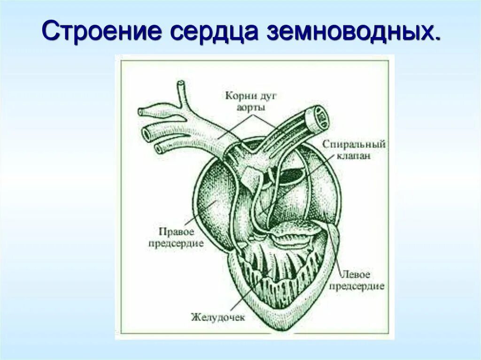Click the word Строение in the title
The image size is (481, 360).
pyautogui.click(x=103, y=31)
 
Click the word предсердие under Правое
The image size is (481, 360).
pyautogui.click(x=176, y=244)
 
